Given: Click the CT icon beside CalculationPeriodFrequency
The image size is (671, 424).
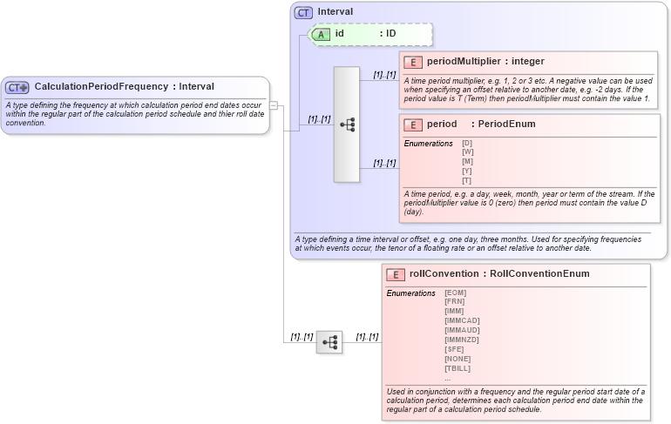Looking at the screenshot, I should (x=17, y=87).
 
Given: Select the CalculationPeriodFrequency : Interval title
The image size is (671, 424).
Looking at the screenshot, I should (x=124, y=87).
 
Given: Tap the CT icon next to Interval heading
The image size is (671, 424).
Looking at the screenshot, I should (x=303, y=12).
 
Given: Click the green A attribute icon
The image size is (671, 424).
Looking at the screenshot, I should (x=321, y=34).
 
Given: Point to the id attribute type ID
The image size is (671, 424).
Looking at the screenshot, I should (x=391, y=34).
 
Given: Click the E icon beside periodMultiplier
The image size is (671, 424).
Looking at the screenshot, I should (x=413, y=62).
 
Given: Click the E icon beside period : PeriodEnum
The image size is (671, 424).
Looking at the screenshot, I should (x=413, y=125).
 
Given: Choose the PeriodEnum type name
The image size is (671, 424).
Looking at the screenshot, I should (x=506, y=125).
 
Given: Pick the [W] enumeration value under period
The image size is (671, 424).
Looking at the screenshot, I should (x=468, y=152).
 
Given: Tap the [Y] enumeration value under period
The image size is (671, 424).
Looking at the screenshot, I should (x=468, y=171).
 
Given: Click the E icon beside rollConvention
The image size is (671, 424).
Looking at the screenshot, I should (x=396, y=274).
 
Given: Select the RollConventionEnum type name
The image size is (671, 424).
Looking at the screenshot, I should (x=539, y=274).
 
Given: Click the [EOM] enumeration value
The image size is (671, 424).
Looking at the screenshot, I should (x=455, y=293).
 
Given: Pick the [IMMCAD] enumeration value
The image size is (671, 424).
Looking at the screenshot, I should (x=462, y=320).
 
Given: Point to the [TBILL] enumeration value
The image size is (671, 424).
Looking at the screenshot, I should (x=457, y=367).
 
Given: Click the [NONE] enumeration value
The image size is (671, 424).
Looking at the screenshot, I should (x=457, y=358).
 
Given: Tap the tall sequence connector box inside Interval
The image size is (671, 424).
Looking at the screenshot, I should (x=347, y=124).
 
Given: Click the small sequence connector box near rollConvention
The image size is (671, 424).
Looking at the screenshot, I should (x=329, y=342).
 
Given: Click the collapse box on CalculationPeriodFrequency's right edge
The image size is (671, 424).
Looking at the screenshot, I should (x=274, y=105).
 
